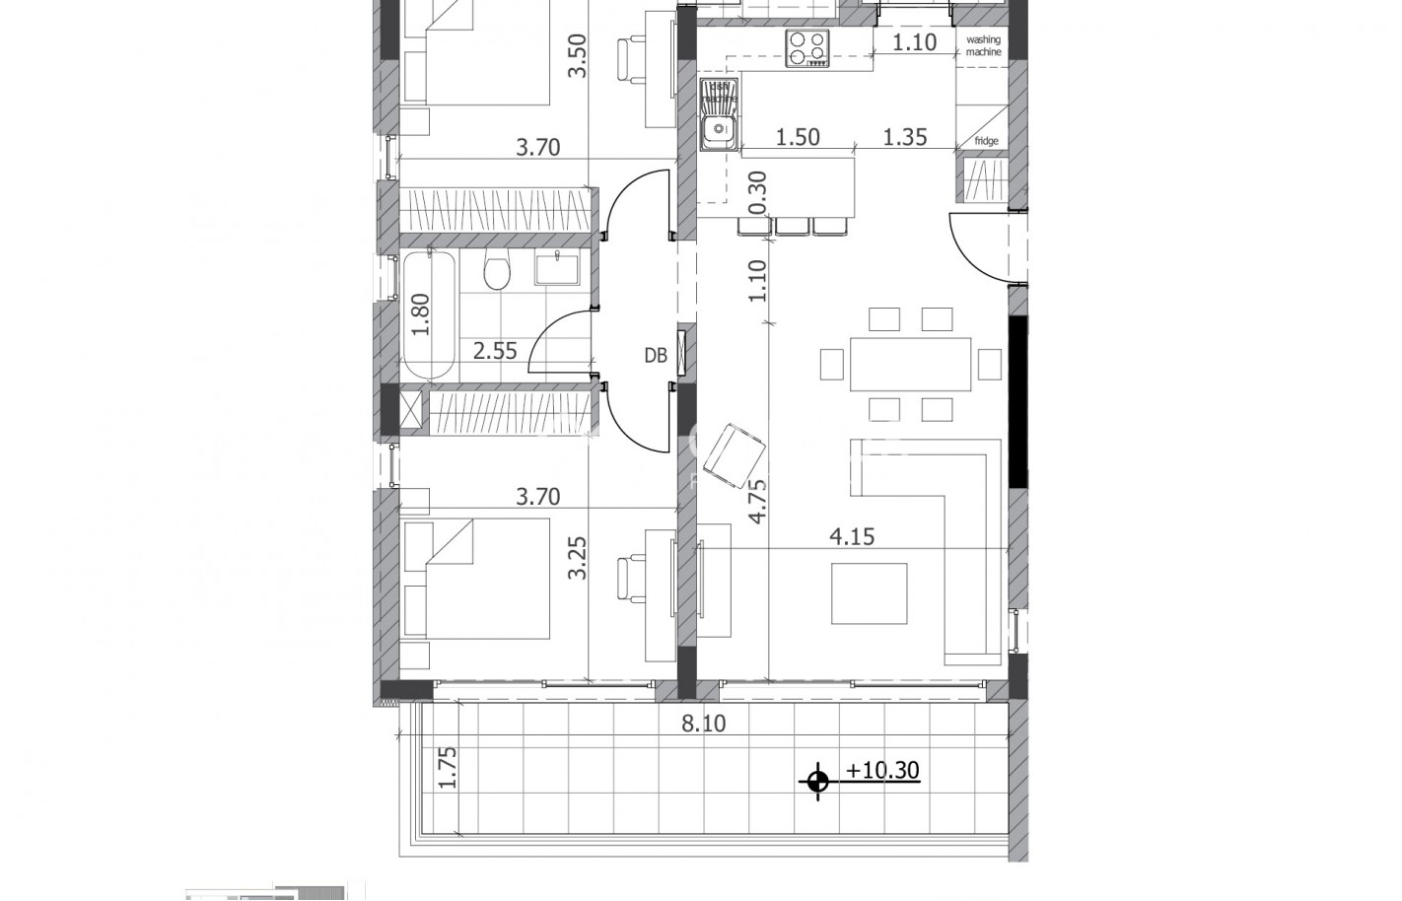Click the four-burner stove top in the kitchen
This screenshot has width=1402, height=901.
coord(807,47)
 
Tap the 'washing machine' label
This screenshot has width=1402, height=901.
coord(983,45)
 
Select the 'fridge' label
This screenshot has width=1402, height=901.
coord(986,141)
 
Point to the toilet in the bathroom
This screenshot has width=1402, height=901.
coord(497,271)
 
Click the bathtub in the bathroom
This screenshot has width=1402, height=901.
coord(429,315)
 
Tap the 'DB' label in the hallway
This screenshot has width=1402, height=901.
coord(656,356)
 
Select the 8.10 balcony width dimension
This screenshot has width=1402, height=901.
coord(703,724)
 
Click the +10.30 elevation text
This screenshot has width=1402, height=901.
coord(882,770)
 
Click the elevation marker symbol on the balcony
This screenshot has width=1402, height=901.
coord(816,782)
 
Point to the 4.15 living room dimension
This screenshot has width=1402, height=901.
coord(852,537)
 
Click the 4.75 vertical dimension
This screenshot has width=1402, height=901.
coord(757,502)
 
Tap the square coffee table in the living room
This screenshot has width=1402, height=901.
coord(869,593)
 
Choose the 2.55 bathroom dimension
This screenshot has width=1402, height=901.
coord(495,351)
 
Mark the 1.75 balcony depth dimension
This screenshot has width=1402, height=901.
coord(448,767)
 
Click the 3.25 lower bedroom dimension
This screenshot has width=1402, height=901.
coord(578,557)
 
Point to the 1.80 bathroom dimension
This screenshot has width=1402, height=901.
coord(421,316)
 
